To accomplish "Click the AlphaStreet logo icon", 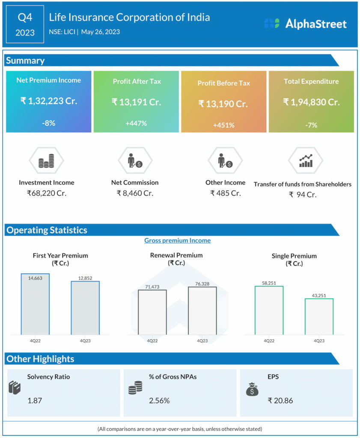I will tap(272, 24).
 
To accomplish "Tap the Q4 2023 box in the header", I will tap(25, 24).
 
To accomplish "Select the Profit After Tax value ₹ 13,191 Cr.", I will tap(136, 102).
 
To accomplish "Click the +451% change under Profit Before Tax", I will tap(224, 125).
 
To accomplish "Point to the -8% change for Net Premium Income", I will tap(48, 123).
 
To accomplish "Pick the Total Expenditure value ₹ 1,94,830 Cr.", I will tap(311, 102).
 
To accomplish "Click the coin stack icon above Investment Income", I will tap(46, 162).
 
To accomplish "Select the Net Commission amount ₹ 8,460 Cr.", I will tap(135, 193).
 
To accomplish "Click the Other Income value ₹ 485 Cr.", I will tap(225, 193).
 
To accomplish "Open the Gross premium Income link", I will tap(177, 240).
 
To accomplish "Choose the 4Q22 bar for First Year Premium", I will tap(35, 304).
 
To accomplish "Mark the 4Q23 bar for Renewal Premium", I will tap(202, 311).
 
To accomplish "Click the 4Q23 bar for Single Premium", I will tap(319, 317).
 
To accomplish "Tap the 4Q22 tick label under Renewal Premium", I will tap(152, 341).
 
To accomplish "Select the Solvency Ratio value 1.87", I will tap(35, 401).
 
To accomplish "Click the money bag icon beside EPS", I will tap(252, 389).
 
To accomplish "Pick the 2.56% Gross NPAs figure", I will tap(159, 401).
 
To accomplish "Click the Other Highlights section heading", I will tap(40, 359).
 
